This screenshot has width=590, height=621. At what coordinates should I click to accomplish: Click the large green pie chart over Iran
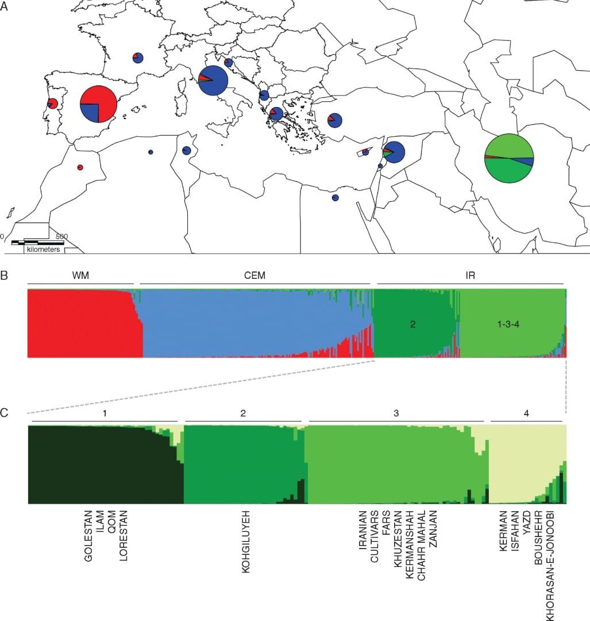point(509,158)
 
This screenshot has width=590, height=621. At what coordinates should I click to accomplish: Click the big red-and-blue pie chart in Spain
point(98,103)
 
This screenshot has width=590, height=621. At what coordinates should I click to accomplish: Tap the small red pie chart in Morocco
point(80,167)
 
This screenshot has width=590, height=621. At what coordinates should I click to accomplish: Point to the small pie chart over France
point(138,57)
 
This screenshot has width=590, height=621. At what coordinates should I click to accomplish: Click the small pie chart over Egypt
point(335,198)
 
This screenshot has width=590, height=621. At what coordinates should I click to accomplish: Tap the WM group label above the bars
point(80,275)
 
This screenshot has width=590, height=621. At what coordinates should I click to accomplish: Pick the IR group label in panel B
point(471,275)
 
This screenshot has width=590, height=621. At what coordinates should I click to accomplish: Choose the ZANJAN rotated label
point(433,528)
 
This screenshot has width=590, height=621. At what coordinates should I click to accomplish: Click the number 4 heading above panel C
point(526,413)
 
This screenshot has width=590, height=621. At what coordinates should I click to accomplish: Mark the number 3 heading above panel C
point(396,413)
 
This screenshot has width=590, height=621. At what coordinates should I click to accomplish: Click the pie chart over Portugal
point(52,103)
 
